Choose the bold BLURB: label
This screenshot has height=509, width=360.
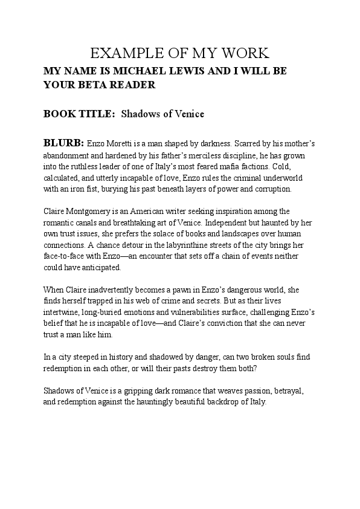tap(63, 143)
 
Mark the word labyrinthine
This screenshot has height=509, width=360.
tap(200, 245)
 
